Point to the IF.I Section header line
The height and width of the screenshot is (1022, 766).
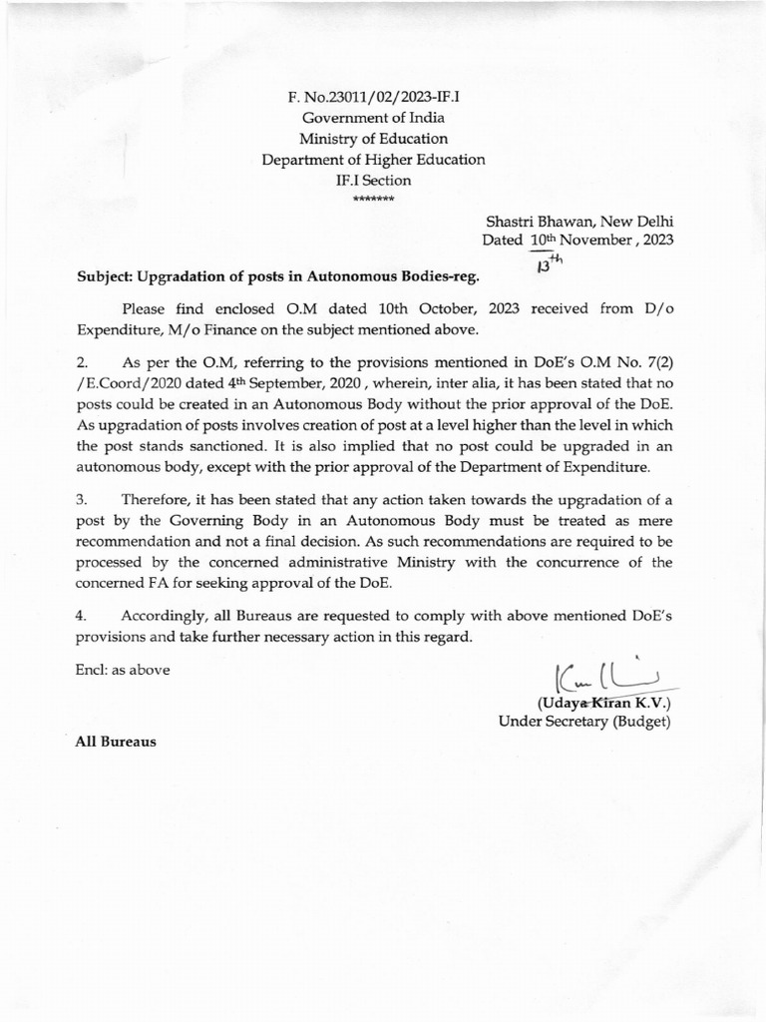[x=373, y=181]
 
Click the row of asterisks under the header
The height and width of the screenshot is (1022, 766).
[x=373, y=199]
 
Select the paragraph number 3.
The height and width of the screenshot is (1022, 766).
[x=83, y=499]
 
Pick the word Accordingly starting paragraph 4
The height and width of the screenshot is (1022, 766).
[x=165, y=615]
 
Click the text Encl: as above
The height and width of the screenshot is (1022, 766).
[x=122, y=670]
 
